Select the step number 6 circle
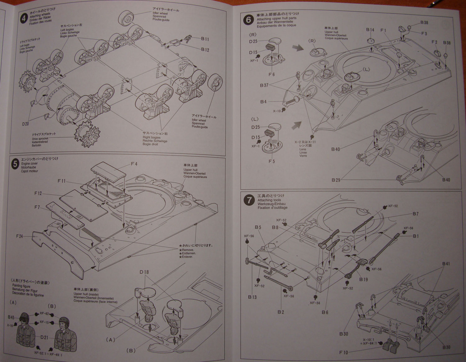click(249, 20)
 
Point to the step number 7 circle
click(249, 200)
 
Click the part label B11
click(205, 39)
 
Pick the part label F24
click(20, 236)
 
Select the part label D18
click(144, 272)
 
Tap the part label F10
click(344, 352)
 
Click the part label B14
click(370, 30)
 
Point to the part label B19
click(363, 279)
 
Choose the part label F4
click(134, 164)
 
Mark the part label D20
click(25, 124)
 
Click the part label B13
click(252, 297)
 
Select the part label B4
click(263, 102)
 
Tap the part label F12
click(38, 193)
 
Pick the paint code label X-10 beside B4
click(276, 111)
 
